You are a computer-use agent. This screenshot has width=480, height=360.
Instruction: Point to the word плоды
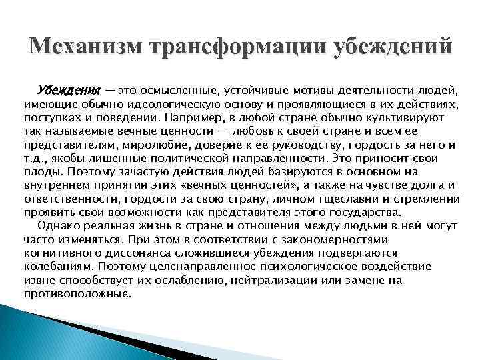tap(39, 171)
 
